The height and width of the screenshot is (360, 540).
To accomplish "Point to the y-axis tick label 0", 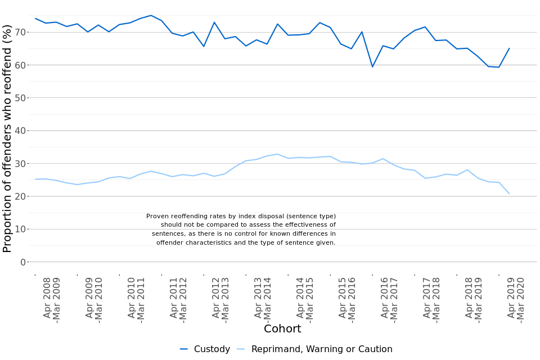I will (23, 262).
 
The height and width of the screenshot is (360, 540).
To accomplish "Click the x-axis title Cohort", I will (282, 329).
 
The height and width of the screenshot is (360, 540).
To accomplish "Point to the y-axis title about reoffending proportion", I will (7, 138).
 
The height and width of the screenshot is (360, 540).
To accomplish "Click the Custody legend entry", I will (205, 349).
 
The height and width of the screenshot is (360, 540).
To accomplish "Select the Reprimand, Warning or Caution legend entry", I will (314, 349).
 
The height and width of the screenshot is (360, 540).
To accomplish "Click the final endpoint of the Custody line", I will (509, 48).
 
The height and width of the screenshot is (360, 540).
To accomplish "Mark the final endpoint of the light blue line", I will (509, 193).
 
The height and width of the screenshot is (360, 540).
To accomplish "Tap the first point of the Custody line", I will (35, 19).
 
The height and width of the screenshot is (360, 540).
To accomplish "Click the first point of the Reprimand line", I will (35, 179).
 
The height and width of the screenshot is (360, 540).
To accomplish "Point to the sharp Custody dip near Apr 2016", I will (372, 67).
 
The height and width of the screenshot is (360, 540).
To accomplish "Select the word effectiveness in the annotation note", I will (305, 225).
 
